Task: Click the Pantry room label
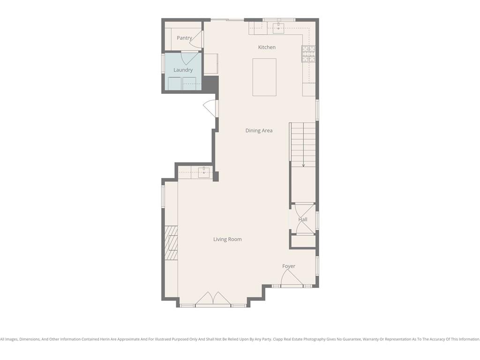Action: click(184, 38)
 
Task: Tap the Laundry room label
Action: click(183, 70)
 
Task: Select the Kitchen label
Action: click(267, 47)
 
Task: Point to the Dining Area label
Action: click(259, 130)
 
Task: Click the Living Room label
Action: click(227, 239)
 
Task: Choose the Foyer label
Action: click(289, 266)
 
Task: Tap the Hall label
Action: click(303, 219)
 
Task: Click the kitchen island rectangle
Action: click(264, 77)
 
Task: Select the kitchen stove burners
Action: click(308, 54)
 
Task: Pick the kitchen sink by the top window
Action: click(278, 28)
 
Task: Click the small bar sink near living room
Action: click(204, 172)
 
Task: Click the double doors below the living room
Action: click(213, 298)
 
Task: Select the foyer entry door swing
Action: click(292, 278)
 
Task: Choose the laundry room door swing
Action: click(190, 58)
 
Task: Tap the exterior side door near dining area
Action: click(210, 108)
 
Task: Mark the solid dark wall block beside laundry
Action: click(210, 84)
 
